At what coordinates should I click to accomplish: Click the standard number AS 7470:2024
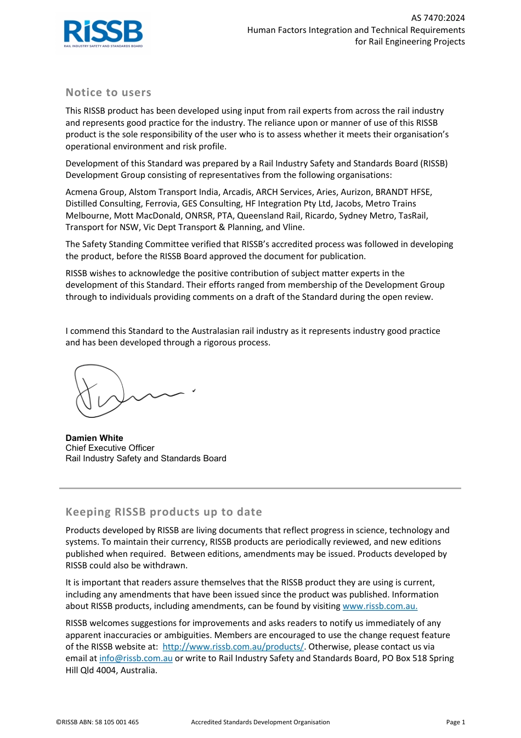pyautogui.click(x=438, y=18)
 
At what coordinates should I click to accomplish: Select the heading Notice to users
pyautogui.click(x=108, y=92)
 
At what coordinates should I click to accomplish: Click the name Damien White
pyautogui.click(x=94, y=438)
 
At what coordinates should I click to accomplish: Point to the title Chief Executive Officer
pyautogui.click(x=110, y=448)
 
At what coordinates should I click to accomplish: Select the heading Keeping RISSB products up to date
pyautogui.click(x=163, y=512)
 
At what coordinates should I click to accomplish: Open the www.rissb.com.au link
pyautogui.click(x=380, y=606)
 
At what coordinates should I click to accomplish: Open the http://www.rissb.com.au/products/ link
pyautogui.click(x=233, y=647)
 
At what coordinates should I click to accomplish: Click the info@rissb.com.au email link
pyautogui.click(x=135, y=658)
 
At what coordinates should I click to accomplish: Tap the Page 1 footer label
pyautogui.click(x=455, y=722)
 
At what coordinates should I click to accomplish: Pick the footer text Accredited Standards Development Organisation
pyautogui.click(x=260, y=722)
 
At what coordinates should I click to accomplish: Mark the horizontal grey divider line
pyautogui.click(x=260, y=488)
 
